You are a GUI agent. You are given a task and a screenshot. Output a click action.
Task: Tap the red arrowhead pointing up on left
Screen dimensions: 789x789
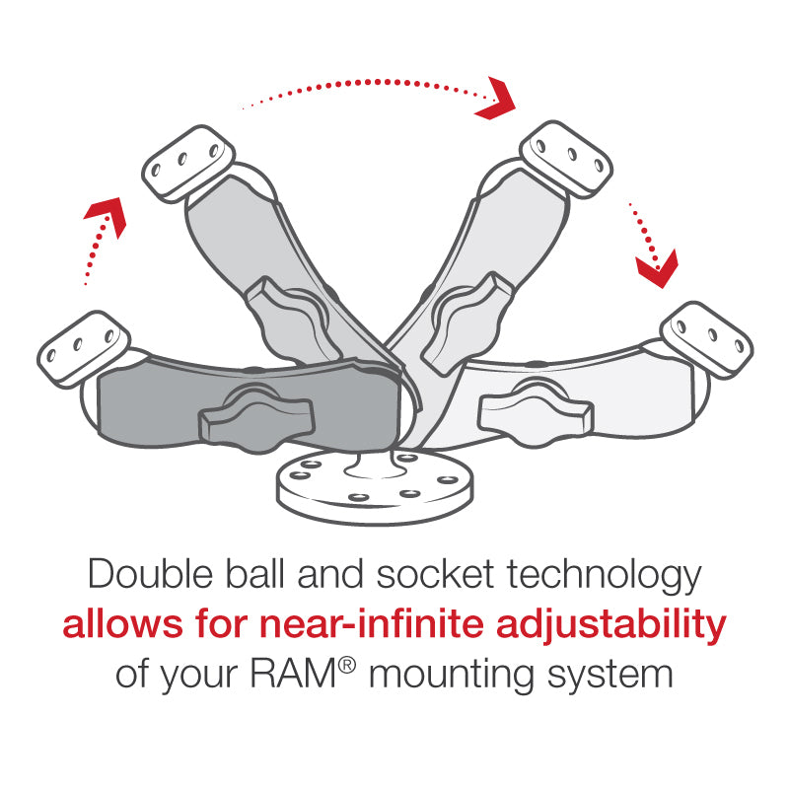coord(109,215)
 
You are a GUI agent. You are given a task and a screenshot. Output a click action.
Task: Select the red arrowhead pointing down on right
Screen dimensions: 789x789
coord(656,265)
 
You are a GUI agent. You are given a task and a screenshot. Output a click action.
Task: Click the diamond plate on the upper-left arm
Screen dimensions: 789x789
coord(187,163)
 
